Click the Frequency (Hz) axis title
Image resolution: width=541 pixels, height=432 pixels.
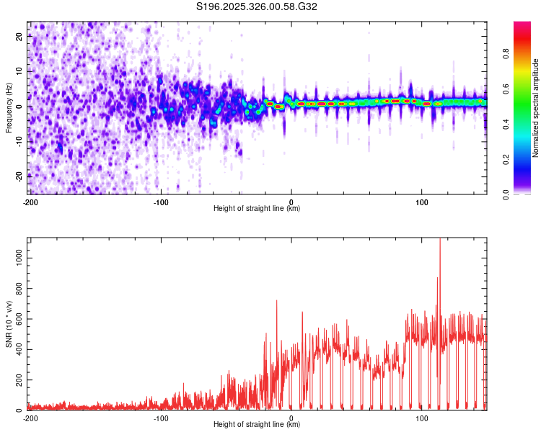click(x=9, y=108)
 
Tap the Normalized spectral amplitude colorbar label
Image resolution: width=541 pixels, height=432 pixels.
click(x=536, y=108)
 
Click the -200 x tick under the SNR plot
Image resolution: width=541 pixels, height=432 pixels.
click(x=30, y=418)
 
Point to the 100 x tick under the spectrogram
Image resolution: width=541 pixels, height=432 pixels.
click(x=422, y=202)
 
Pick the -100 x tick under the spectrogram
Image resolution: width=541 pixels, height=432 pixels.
click(x=160, y=202)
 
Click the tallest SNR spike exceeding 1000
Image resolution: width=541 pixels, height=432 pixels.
click(x=439, y=241)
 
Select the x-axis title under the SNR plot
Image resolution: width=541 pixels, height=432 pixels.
click(x=258, y=425)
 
